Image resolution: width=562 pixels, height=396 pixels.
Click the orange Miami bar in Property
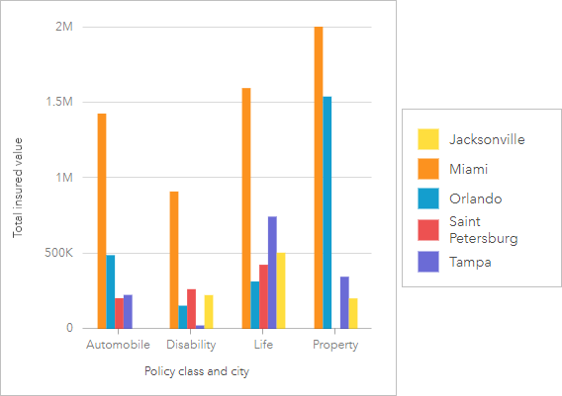[x=319, y=178]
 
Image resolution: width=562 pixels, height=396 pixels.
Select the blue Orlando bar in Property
[x=328, y=212]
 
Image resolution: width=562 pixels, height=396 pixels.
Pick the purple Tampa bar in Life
[x=272, y=273]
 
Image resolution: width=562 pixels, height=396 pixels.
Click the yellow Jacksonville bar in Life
[x=281, y=290]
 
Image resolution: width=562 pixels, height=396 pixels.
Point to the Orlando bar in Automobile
[x=111, y=291]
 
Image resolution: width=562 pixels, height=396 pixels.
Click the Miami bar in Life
[x=245, y=208]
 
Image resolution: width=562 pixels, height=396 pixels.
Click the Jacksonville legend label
[x=486, y=139]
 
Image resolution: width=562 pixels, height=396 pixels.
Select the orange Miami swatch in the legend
[x=429, y=169]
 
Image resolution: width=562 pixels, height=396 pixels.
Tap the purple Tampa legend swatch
[x=429, y=263]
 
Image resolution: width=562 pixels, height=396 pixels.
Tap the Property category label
[x=336, y=346]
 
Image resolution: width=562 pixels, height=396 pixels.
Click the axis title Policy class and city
[x=196, y=371]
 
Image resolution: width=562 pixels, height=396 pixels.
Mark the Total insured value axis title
[x=18, y=188]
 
